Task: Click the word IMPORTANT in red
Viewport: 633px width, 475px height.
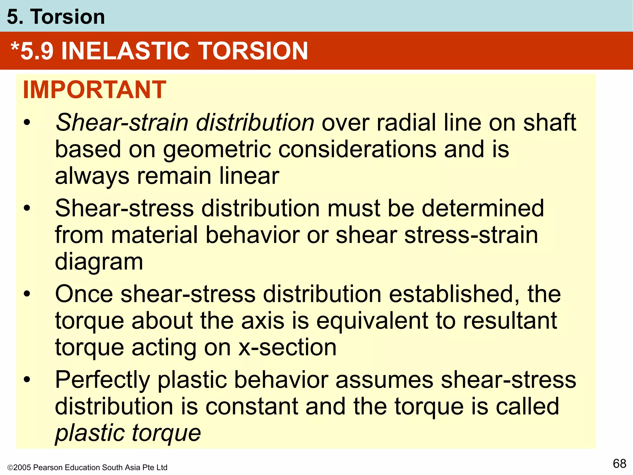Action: point(95,90)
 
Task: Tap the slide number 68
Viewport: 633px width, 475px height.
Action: point(619,464)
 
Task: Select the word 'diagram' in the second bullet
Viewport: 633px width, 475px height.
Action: point(99,262)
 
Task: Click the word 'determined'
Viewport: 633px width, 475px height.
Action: point(482,208)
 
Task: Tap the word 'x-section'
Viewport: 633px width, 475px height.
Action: point(287,348)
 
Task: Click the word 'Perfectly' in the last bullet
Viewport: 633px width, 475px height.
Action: point(102,380)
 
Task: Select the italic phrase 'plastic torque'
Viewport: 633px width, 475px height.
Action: point(128,433)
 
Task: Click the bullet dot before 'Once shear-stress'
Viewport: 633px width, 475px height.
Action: point(27,294)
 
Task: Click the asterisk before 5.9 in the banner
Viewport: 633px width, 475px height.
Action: point(15,47)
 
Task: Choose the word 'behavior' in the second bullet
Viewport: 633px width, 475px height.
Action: point(252,235)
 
